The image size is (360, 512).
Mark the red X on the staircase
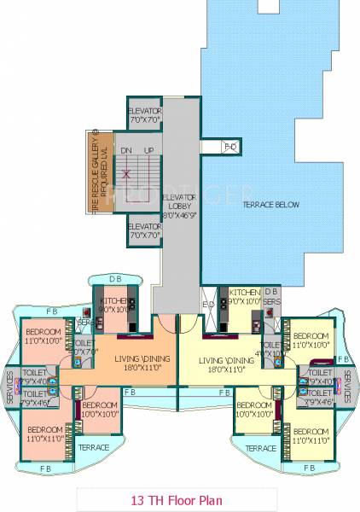tap(125, 175)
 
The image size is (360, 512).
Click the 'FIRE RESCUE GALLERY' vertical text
tap(96, 175)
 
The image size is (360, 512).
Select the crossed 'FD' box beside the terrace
tap(230, 147)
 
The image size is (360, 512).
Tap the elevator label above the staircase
tap(145, 118)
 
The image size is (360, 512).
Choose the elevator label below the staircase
tap(145, 230)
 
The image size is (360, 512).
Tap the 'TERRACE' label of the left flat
tap(94, 447)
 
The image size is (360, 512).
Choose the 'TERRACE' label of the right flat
tap(259, 447)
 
